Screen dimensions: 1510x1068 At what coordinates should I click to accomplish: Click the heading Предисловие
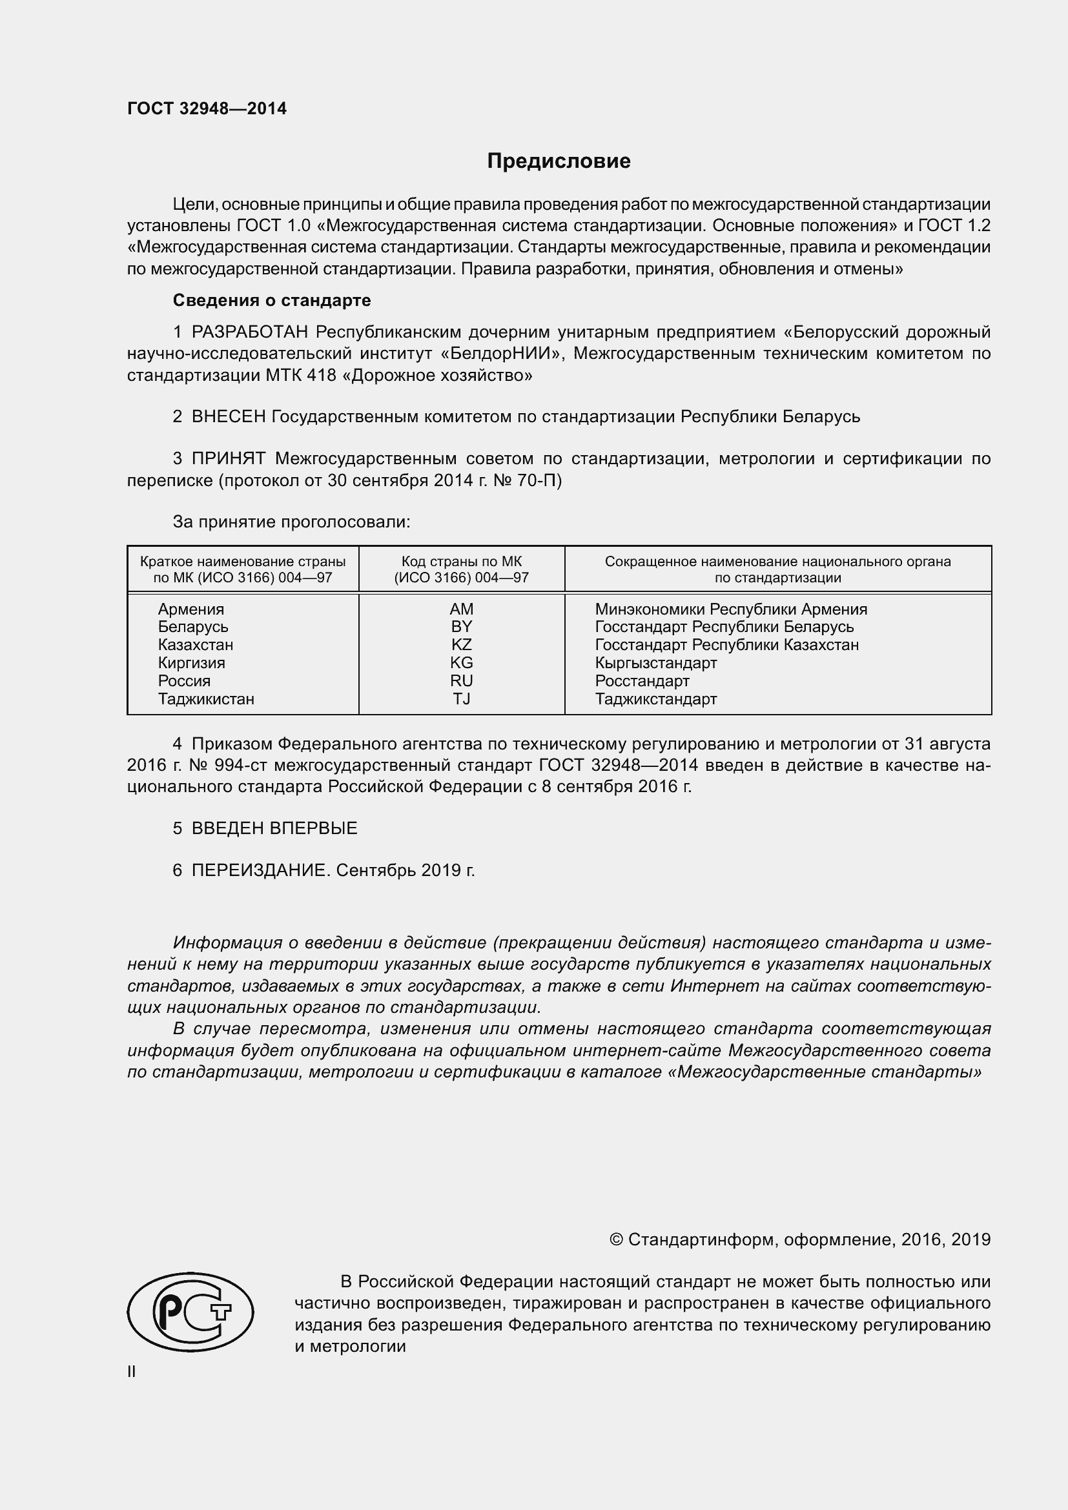(x=559, y=161)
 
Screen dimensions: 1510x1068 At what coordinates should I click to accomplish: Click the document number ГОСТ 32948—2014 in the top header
(x=207, y=108)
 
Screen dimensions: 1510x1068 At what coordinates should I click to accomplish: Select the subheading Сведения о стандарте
(x=272, y=301)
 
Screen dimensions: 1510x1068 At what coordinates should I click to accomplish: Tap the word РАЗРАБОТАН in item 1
(x=250, y=332)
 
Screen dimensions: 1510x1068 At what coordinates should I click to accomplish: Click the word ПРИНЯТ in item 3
(x=228, y=458)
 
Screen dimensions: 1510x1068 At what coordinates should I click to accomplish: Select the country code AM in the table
(x=461, y=609)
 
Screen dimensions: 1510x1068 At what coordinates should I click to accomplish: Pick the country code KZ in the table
(x=461, y=644)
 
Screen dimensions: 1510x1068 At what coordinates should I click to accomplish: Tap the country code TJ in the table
(x=461, y=699)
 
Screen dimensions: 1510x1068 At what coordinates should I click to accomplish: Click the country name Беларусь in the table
(x=192, y=627)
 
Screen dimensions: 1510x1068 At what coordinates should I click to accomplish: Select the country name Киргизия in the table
(x=190, y=663)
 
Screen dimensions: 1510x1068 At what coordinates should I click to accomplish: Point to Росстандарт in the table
(x=642, y=680)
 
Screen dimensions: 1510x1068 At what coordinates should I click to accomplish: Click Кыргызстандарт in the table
(x=655, y=663)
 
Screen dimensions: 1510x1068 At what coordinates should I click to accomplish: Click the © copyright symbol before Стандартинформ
(x=615, y=1240)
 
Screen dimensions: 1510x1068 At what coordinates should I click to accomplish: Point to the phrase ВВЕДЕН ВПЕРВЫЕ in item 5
(x=274, y=828)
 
